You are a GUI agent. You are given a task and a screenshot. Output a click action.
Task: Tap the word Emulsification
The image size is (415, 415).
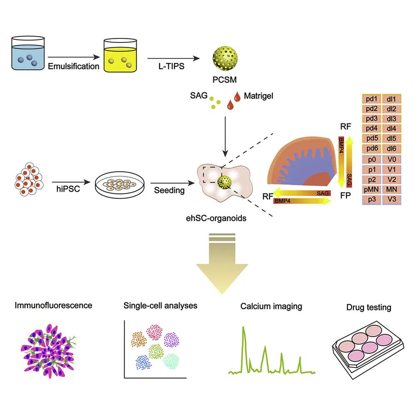click(x=74, y=66)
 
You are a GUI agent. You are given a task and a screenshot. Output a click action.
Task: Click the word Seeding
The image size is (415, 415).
click(x=169, y=190)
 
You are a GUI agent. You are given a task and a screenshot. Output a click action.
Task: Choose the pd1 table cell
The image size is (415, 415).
click(x=371, y=99)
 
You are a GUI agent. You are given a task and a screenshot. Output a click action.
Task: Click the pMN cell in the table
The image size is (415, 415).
click(x=371, y=190)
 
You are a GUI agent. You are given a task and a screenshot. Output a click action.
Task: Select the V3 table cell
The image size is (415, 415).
click(x=391, y=199)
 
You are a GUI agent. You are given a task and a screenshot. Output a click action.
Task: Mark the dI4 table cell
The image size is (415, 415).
click(x=391, y=128)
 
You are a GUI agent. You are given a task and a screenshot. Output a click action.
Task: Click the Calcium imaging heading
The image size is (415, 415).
click(x=271, y=307)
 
